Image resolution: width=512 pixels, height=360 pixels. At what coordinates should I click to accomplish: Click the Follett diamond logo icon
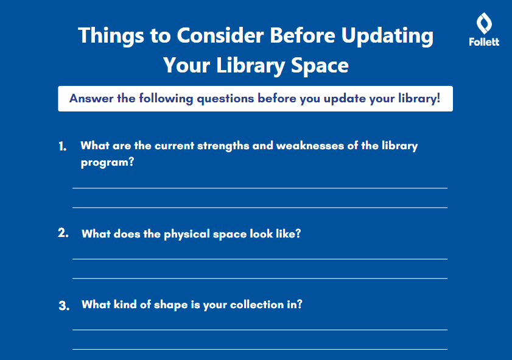[x=484, y=23]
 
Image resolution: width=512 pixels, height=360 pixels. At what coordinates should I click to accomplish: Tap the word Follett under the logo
[x=484, y=42]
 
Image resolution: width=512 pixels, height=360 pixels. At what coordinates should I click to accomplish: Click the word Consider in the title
[x=220, y=35]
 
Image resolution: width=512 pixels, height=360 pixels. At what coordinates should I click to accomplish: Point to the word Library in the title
[x=251, y=66]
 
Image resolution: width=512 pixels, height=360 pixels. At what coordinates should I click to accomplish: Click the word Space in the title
[x=320, y=66]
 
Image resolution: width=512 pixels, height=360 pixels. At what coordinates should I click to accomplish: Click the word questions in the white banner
[x=225, y=99]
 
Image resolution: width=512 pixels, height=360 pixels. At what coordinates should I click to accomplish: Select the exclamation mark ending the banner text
[x=438, y=98]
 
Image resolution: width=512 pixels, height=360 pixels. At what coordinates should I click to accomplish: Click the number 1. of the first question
[x=63, y=146]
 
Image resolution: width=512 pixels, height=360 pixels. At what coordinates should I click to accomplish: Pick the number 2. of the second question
[x=63, y=233]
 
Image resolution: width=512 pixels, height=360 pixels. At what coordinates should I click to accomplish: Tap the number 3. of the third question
[x=64, y=306]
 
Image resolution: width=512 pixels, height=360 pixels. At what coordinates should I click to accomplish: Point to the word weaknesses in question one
[x=310, y=146]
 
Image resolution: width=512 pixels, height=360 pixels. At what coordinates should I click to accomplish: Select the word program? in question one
[x=107, y=163]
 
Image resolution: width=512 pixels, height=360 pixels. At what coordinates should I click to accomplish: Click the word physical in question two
[x=187, y=235]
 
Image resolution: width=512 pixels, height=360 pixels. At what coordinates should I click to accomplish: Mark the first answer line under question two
[x=260, y=259]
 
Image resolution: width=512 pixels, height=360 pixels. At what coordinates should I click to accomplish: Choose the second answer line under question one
[x=260, y=208]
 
